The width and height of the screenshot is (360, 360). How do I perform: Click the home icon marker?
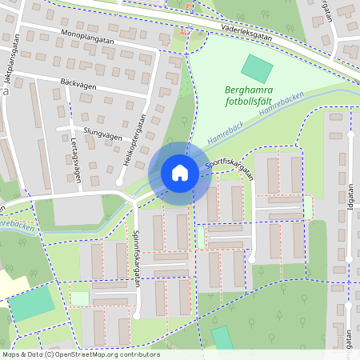180,173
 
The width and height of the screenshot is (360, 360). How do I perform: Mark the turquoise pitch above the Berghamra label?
257,67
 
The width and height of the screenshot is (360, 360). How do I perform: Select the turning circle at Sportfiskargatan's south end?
252,258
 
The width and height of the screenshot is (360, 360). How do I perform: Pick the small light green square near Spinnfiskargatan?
80,298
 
